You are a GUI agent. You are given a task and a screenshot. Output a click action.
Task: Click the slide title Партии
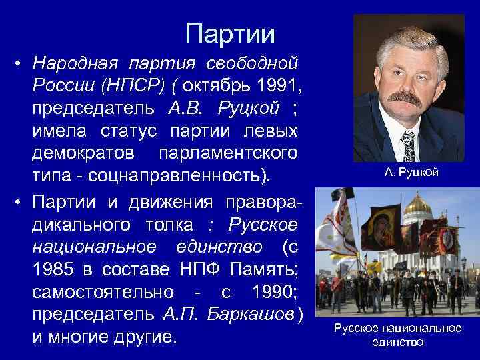230,32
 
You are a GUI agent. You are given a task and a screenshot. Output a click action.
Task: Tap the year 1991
279,86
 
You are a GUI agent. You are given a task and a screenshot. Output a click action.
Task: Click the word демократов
85,153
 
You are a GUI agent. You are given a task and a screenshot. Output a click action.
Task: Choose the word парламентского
227,153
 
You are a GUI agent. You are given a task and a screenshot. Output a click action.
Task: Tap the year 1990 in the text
271,291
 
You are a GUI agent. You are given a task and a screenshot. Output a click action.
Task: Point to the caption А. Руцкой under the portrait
411,173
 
